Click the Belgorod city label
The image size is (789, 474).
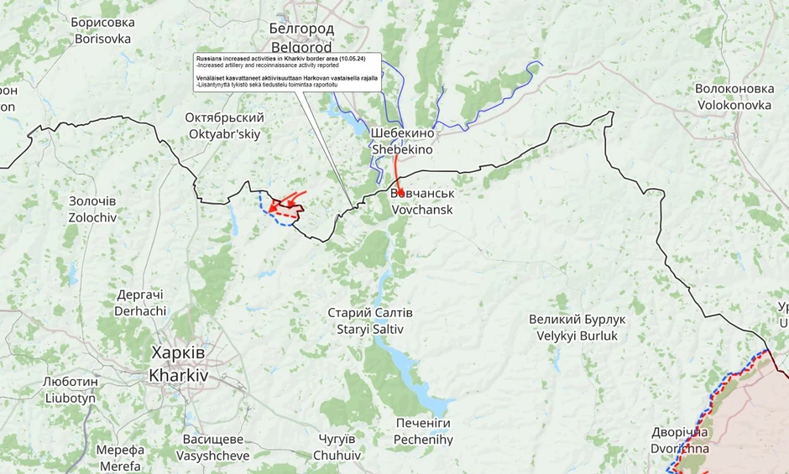click(301, 37)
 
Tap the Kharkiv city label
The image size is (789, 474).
click(177, 363)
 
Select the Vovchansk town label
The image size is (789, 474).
click(422, 201)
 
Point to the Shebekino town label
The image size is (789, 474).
click(402, 141)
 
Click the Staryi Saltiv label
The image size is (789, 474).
click(370, 320)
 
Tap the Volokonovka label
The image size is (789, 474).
click(734, 96)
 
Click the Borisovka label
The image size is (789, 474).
click(102, 30)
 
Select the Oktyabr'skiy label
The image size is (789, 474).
click(225, 126)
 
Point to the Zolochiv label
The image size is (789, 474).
click(92, 209)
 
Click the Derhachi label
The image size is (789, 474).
click(140, 302)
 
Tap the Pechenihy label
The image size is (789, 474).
click(423, 431)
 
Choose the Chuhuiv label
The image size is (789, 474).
click(337, 447)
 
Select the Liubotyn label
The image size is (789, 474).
click(71, 389)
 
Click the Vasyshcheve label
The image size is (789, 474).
click(213, 447)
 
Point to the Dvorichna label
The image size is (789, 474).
click(680, 440)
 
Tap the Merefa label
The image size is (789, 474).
click(119, 458)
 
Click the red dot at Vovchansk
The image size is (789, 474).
click(401, 192)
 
